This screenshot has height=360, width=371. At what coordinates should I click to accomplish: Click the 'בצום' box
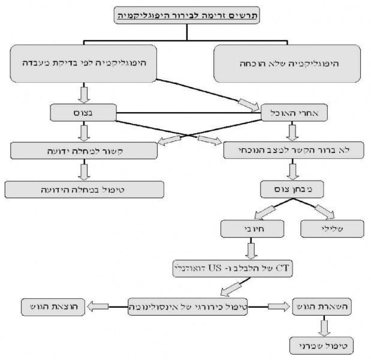tap(84, 112)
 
